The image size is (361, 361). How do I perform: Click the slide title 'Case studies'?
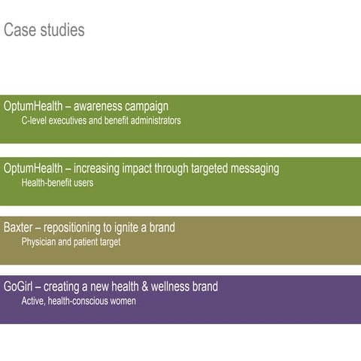(x=44, y=30)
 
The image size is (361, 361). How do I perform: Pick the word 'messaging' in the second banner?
(x=253, y=168)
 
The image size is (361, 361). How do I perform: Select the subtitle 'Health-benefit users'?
(x=57, y=182)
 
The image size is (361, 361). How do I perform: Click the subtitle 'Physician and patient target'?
(x=71, y=241)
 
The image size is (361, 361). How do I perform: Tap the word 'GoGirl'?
(x=18, y=287)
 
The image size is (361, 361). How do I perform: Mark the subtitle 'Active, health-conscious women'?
(x=78, y=301)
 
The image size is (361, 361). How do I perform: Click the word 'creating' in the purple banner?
(x=64, y=287)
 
